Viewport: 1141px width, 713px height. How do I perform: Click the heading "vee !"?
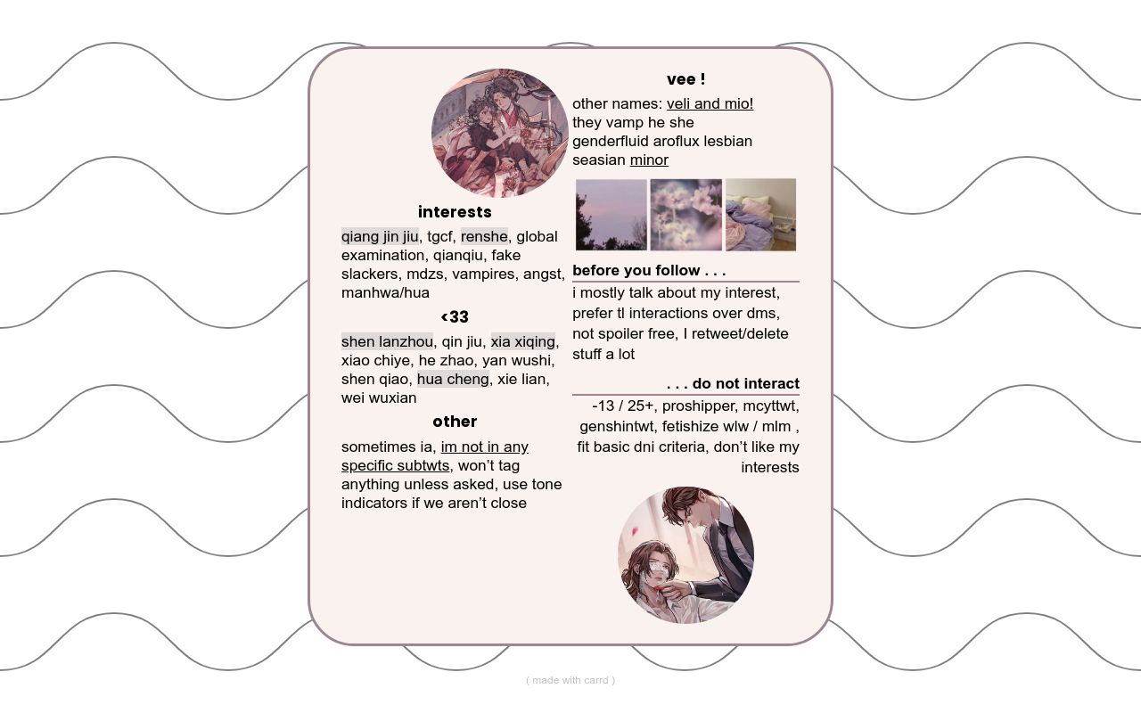pos(685,79)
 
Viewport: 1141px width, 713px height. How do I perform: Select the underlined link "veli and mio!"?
pos(710,104)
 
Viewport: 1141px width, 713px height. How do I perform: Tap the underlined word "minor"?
pos(649,160)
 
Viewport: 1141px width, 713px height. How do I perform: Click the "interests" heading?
pos(455,212)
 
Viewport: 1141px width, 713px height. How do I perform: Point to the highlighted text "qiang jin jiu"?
pos(380,236)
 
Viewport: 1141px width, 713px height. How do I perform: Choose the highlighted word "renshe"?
pos(484,236)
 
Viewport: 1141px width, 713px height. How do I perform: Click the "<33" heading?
pos(455,316)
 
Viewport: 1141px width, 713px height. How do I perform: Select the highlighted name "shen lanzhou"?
pos(387,341)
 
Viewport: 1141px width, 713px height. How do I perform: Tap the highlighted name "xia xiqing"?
pos(522,341)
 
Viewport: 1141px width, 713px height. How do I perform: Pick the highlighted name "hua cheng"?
pos(453,380)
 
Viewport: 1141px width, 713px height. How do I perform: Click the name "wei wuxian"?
pos(379,397)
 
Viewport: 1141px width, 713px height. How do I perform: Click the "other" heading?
pos(455,422)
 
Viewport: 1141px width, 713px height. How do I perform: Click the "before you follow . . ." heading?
pos(649,270)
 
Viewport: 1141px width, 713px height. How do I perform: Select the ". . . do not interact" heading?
pos(733,383)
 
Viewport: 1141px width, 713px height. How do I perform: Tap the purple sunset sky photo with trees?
pos(612,215)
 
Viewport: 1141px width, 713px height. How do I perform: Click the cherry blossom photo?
pos(685,215)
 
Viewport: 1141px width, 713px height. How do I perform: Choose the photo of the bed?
pos(760,215)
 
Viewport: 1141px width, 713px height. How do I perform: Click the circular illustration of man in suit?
pos(685,555)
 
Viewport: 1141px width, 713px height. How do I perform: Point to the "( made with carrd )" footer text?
pos(570,680)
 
